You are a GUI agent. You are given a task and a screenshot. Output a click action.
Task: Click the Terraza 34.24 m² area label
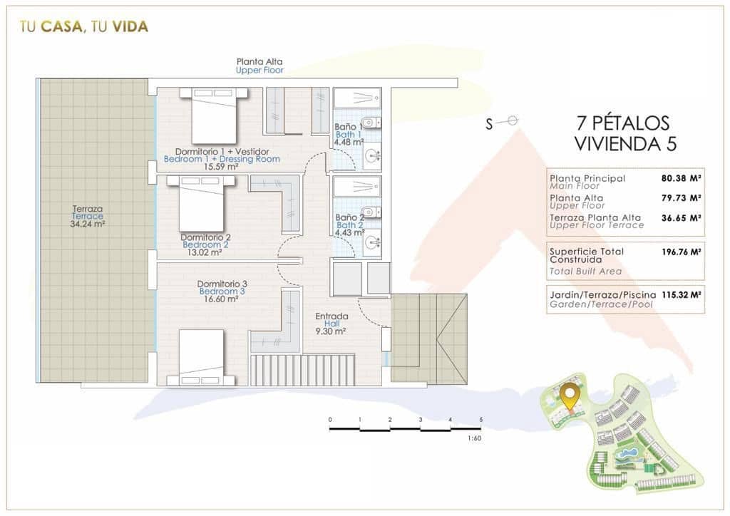coord(88,216)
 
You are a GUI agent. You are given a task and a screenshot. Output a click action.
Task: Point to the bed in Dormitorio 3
coord(201,356)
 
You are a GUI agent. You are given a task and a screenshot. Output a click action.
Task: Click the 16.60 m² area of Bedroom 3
coord(221,299)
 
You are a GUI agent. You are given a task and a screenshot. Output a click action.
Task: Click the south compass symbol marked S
coord(503,123)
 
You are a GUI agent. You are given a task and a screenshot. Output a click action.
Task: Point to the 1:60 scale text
coord(475,438)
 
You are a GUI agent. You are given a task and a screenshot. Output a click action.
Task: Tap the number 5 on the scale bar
coord(481,420)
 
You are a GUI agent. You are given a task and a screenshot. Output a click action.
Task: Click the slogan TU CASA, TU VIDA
coord(84,27)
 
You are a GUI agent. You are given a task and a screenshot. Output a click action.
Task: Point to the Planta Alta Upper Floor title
coord(260,66)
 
